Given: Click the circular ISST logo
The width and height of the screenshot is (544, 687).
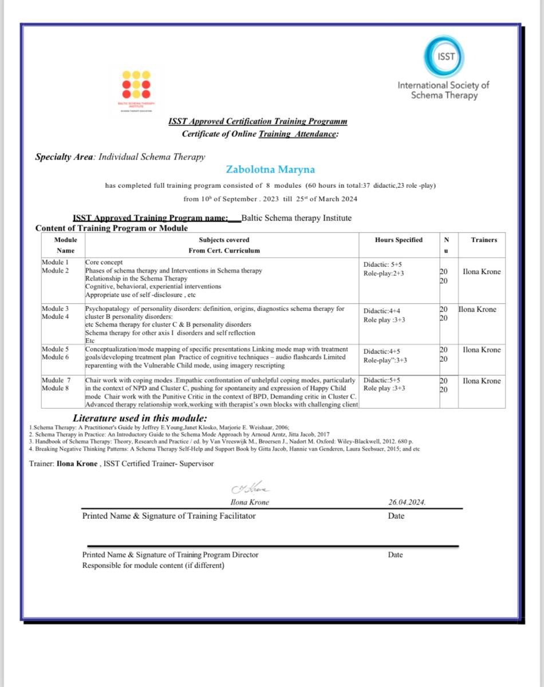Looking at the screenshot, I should click(x=444, y=57).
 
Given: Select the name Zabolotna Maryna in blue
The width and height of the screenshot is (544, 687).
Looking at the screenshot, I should click(x=270, y=169).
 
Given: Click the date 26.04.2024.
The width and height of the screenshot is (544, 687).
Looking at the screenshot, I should click(x=407, y=503).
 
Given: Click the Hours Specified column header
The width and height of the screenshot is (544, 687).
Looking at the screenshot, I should click(x=399, y=240).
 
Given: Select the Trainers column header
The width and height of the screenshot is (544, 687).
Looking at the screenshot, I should click(x=483, y=240).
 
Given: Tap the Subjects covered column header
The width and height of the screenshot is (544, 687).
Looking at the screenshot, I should click(x=224, y=240).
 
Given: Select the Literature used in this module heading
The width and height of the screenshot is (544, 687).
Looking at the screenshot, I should click(x=140, y=418).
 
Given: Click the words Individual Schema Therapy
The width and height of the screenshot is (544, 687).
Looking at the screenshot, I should click(x=152, y=156).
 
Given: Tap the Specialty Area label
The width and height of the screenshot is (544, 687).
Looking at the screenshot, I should click(x=64, y=156).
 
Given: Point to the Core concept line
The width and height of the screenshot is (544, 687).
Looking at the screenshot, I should click(x=104, y=262).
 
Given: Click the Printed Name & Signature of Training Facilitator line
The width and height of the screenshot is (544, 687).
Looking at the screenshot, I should click(x=169, y=516).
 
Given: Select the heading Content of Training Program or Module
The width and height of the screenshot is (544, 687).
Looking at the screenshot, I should click(x=112, y=228).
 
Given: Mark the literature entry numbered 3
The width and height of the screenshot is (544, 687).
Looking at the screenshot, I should click(x=220, y=441).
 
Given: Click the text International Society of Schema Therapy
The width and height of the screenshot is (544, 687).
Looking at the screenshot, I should click(x=444, y=90).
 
